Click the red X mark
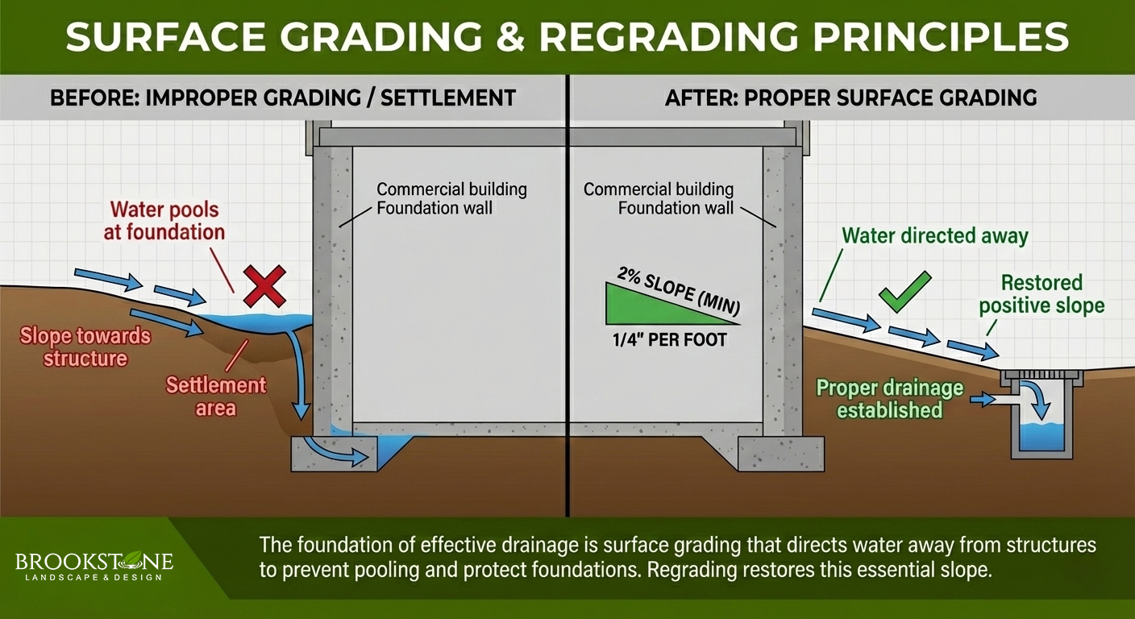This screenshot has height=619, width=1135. click(x=265, y=288)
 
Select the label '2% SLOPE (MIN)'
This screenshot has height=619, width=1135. click(x=679, y=289)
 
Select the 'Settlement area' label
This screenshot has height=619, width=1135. click(x=216, y=396)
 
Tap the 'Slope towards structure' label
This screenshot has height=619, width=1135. click(x=85, y=346)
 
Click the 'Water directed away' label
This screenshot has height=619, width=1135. click(x=935, y=236)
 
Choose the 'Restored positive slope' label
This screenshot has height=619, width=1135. click(x=1041, y=294)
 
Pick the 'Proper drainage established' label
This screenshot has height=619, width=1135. click(x=890, y=399)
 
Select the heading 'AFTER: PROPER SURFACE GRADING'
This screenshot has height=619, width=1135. click(x=850, y=98)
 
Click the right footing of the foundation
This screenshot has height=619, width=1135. click(x=780, y=454)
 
